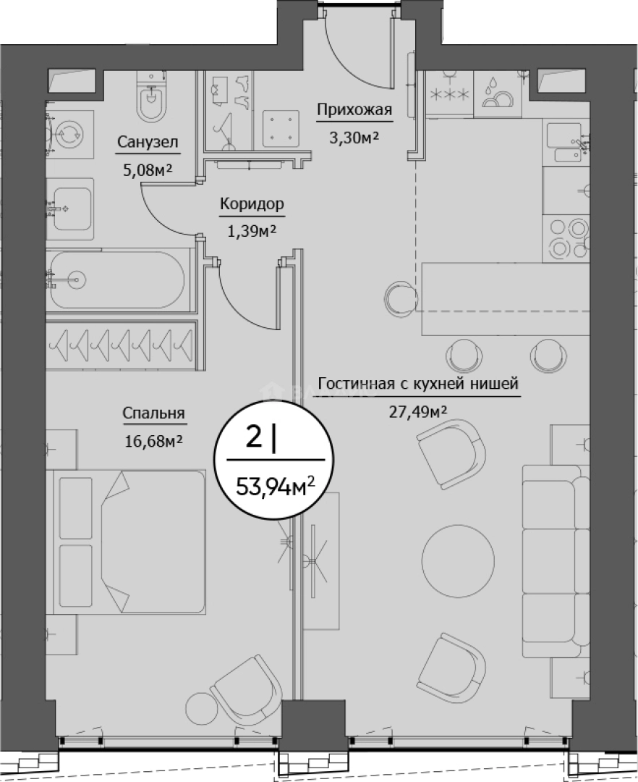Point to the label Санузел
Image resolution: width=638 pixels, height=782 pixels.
(x=148, y=142)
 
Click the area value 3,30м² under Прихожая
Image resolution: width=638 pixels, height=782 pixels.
(x=354, y=138)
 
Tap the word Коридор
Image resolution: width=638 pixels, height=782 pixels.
(x=252, y=204)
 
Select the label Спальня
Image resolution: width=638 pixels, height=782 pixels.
(x=153, y=413)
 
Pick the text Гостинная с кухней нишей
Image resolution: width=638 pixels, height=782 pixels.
(x=418, y=384)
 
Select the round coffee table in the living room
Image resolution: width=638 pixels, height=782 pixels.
(x=458, y=557)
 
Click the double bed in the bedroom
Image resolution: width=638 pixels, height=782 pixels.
(x=129, y=542)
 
